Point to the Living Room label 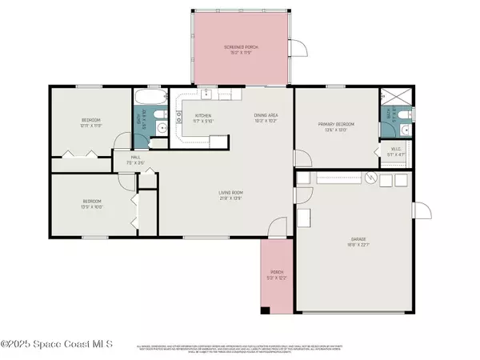tap(231, 194)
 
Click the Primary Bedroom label tap(336, 126)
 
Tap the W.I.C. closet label tap(394, 150)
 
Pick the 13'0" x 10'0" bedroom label tap(92, 203)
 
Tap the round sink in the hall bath tap(162, 126)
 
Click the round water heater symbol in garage tap(370, 180)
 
